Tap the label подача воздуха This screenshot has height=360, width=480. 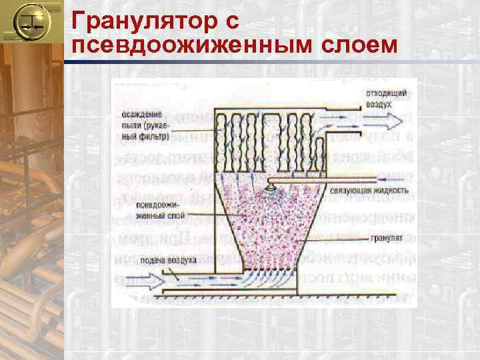tap(172, 260)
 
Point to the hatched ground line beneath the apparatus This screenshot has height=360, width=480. tap(280, 295)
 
